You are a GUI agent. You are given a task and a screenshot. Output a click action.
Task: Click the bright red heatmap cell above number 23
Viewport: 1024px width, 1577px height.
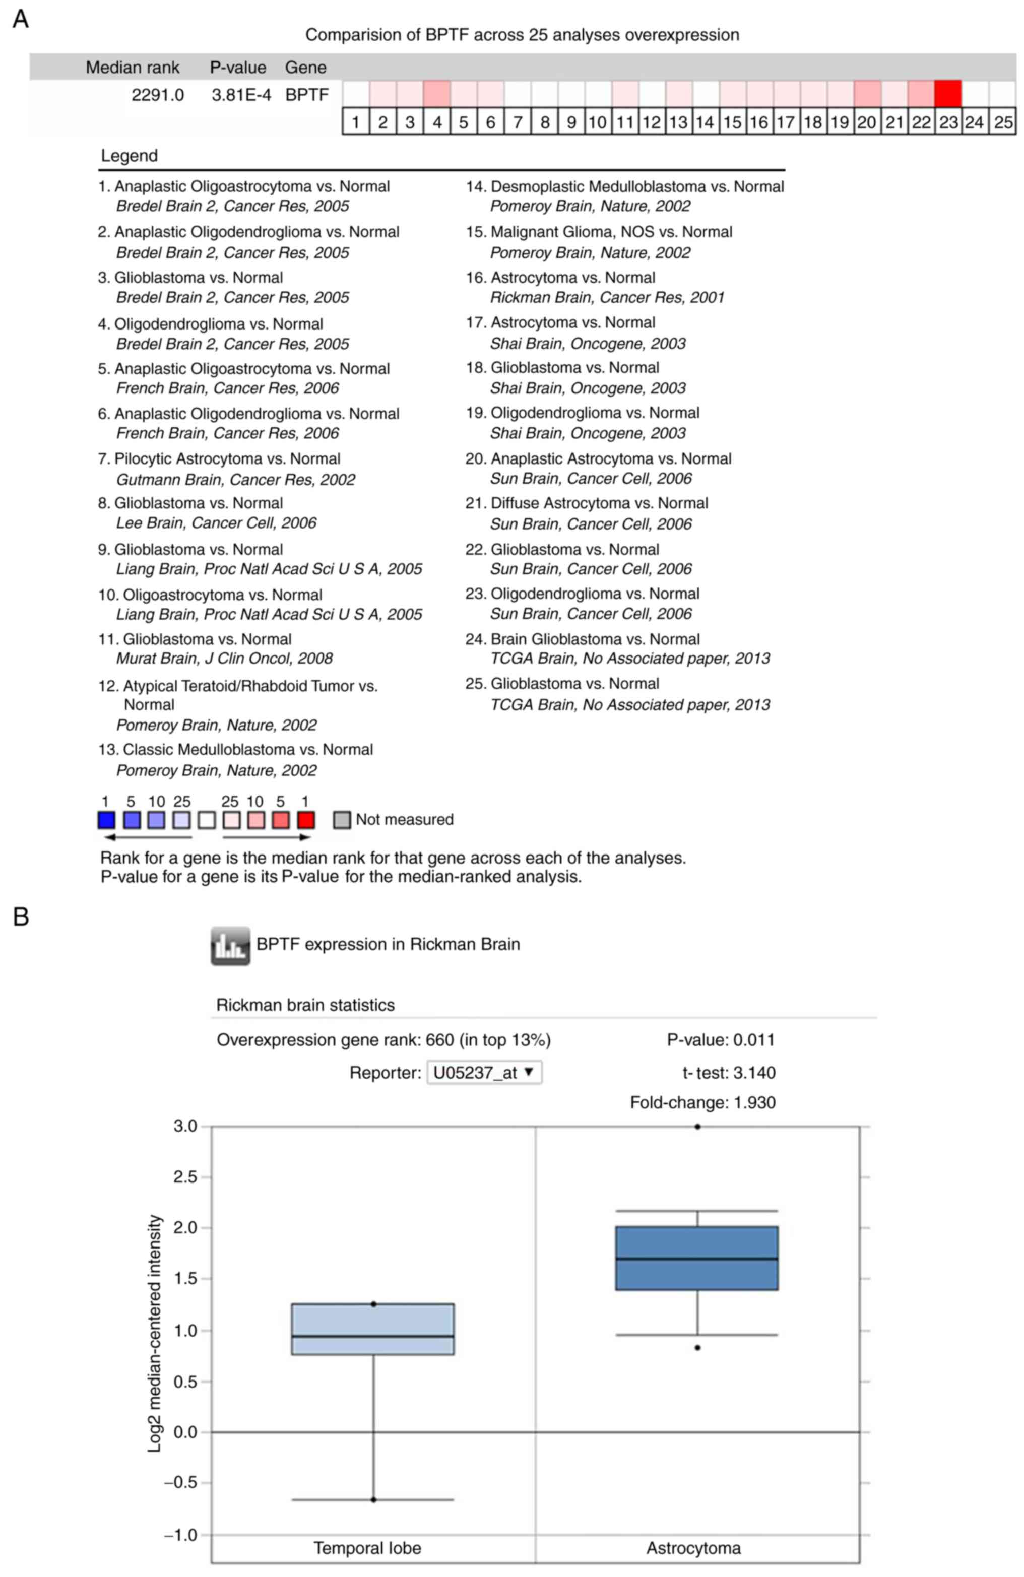[948, 93]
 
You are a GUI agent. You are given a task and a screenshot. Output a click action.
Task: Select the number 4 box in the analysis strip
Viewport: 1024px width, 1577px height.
[437, 122]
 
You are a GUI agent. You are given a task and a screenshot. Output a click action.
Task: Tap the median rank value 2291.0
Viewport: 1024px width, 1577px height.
[158, 95]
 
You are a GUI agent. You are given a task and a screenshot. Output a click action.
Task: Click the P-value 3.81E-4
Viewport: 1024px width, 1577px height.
[241, 95]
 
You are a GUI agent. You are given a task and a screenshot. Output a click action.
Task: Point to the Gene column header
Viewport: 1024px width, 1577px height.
[305, 68]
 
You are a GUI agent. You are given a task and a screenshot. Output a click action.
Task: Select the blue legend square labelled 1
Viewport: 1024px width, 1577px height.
[106, 820]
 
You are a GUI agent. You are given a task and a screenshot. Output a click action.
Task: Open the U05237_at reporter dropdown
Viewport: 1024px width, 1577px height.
[484, 1072]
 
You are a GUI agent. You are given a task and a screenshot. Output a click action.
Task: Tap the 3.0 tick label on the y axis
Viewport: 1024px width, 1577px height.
[185, 1126]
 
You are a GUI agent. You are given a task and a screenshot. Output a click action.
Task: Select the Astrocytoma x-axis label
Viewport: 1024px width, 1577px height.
[693, 1548]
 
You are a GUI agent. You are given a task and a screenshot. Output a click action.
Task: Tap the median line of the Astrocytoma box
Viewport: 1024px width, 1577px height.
[696, 1258]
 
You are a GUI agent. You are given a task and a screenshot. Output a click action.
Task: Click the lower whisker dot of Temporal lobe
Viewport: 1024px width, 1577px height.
[374, 1499]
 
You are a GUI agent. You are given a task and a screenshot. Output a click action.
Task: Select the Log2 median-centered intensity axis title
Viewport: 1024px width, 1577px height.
[154, 1333]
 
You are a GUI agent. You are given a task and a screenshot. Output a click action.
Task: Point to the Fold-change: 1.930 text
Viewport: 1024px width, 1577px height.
[702, 1102]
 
